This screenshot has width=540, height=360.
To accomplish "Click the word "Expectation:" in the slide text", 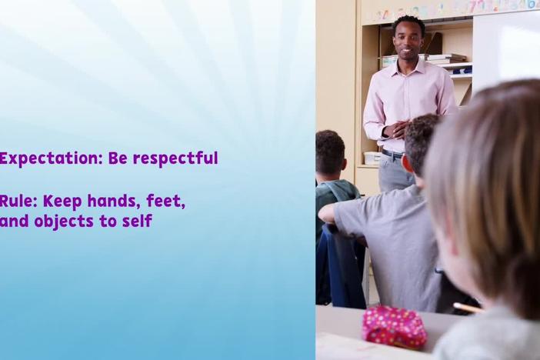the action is point(50,159).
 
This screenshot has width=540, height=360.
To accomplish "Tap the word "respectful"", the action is point(175,158).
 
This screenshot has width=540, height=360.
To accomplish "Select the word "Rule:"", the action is point(18,202).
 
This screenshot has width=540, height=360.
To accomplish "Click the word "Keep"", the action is point(62,202).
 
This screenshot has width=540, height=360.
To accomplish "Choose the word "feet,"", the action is point(166,202).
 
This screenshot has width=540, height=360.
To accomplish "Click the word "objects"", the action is point(64,222).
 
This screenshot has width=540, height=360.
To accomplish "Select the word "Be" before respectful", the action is point(117,158).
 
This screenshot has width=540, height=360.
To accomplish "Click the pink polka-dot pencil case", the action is point(395,326).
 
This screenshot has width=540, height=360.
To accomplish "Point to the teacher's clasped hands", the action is point(396,128).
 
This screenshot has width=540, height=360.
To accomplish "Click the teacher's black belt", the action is point(392,153).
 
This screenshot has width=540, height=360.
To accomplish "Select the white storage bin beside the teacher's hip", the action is point(372,158).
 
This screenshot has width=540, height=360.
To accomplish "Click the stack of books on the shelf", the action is point(443,59).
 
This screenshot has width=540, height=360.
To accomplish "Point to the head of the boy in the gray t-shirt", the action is point(421,145).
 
